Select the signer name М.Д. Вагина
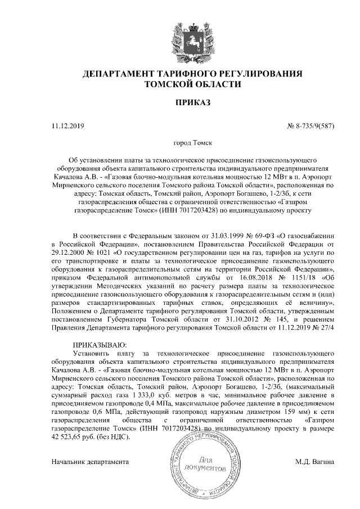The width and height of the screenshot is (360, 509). (x=314, y=461)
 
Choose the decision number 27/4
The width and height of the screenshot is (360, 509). (x=327, y=328)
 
